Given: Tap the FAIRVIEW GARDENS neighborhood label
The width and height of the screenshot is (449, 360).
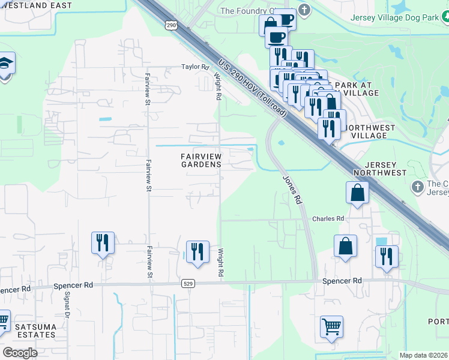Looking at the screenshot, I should (x=201, y=160).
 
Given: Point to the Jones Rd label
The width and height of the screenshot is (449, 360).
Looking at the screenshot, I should (x=291, y=190).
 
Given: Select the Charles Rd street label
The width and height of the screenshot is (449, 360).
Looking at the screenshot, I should (x=328, y=219).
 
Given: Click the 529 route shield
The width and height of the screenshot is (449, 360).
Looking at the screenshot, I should (x=188, y=283).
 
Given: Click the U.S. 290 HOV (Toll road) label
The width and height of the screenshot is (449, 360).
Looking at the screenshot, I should (x=253, y=84).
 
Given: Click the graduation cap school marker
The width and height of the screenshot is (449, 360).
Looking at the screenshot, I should (x=5, y=64).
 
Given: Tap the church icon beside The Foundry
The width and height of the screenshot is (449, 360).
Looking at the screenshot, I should (x=305, y=10).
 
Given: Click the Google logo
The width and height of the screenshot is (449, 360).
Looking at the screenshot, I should (x=20, y=353).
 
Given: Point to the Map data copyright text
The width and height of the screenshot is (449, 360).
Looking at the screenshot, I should (x=424, y=355).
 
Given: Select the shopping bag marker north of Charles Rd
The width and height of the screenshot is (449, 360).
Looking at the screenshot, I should (x=357, y=193).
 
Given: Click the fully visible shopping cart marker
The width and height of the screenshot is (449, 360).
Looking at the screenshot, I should (x=331, y=328).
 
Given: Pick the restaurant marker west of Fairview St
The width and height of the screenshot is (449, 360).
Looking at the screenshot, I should (x=103, y=243).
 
